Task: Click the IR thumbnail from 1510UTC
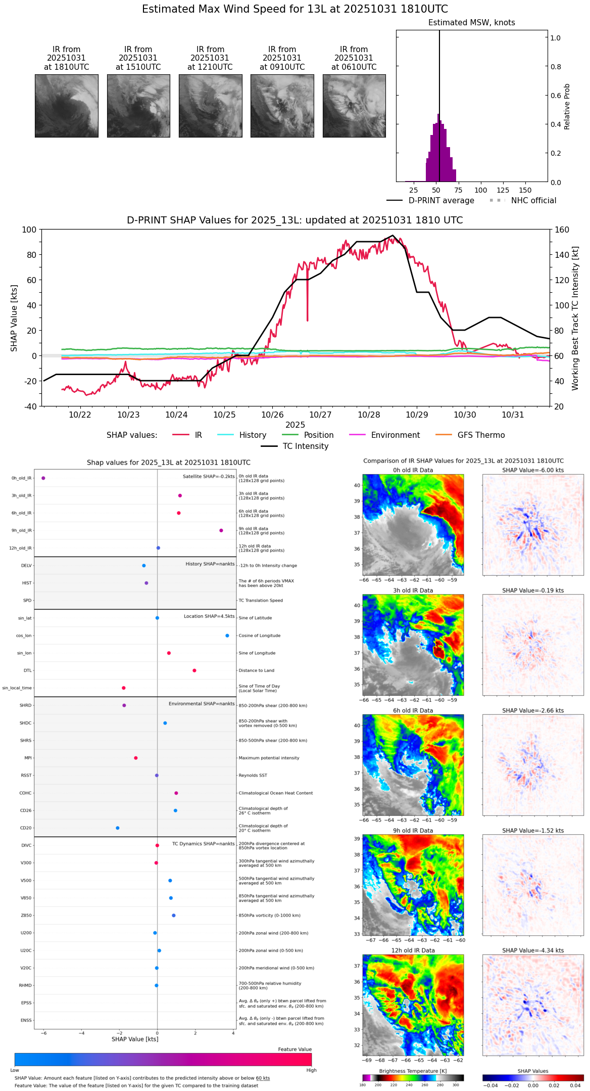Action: pos(138,106)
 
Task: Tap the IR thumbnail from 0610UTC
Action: pos(354,106)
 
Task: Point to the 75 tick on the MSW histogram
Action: pos(458,191)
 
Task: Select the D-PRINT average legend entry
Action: pos(430,201)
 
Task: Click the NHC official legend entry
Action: pos(523,201)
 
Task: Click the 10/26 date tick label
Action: pos(272,415)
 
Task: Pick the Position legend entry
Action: pos(308,435)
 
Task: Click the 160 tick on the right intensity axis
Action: pos(562,230)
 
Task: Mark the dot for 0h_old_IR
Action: pos(43,478)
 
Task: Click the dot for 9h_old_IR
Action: pos(221,530)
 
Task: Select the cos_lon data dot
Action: pos(227,635)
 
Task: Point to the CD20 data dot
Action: pos(118,828)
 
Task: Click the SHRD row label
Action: pos(25,705)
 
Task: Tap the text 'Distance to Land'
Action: pos(257,670)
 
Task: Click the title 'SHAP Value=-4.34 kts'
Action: pos(533,950)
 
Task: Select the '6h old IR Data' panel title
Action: pos(413,710)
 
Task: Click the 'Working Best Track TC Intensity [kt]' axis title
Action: pos(575,318)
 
